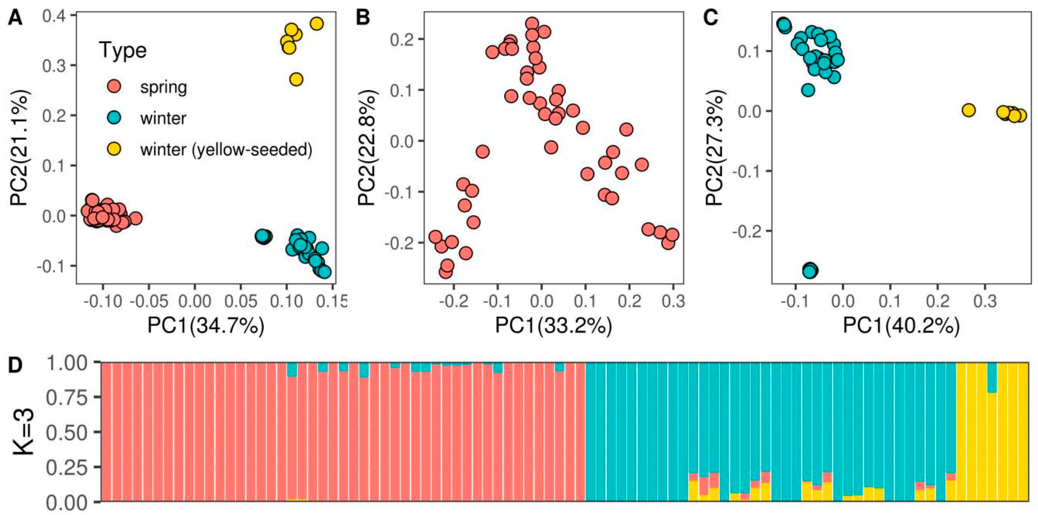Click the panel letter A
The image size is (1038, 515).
pos(15,19)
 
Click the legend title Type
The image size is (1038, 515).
pos(123,51)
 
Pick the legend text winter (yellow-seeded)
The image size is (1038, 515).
pos(226,150)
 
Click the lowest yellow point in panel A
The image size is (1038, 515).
pos(296,80)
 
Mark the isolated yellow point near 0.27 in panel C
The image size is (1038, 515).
pos(969,110)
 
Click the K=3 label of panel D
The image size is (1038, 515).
pos(23,432)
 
